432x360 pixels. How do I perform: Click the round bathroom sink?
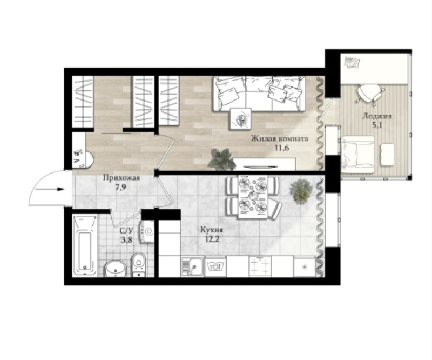116,269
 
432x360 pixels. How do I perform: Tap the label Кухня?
212,230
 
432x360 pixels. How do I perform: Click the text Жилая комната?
279,139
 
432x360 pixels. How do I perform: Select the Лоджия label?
377,116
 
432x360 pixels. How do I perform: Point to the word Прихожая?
122,178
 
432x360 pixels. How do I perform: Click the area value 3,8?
127,240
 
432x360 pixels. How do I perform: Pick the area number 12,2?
212,239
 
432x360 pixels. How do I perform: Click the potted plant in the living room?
221,158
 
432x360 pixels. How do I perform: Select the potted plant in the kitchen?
301,191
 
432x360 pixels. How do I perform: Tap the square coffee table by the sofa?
241,118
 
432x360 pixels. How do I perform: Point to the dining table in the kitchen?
253,197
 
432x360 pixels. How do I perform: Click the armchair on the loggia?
357,154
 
